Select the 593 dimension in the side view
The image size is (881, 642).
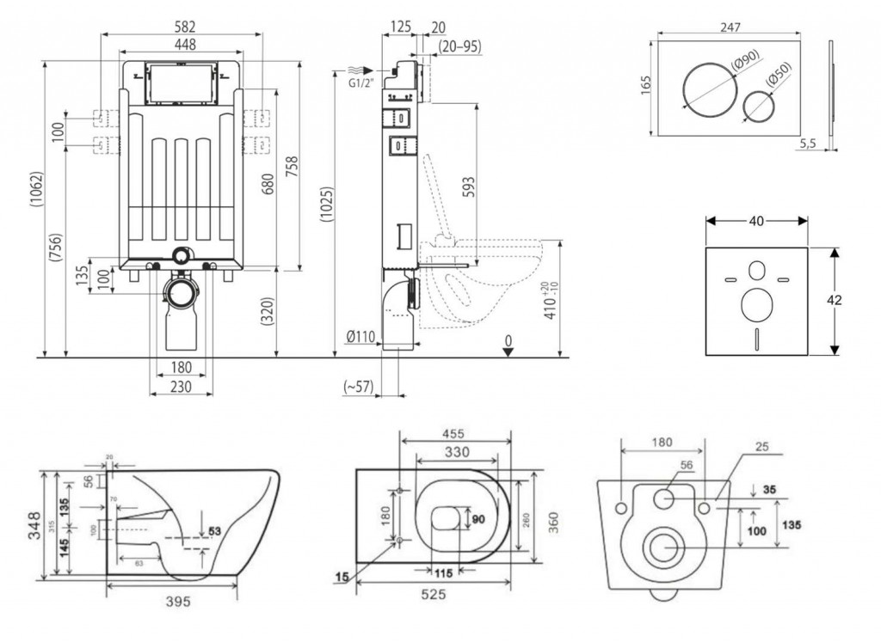pyautogui.click(x=467, y=187)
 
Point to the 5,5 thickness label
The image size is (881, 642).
pyautogui.click(x=808, y=144)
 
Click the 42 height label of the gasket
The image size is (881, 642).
pyautogui.click(x=834, y=300)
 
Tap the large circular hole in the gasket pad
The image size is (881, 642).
pyautogui.click(x=755, y=303)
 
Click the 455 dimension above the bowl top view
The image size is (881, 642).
pyautogui.click(x=456, y=434)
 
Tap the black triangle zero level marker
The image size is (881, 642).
pyautogui.click(x=508, y=351)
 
